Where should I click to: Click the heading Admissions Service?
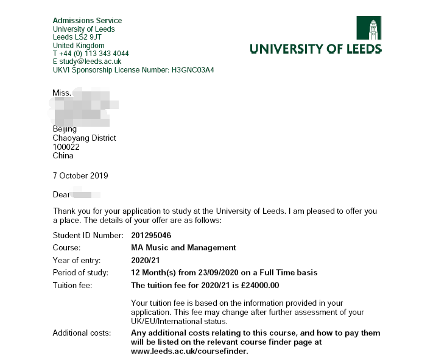point(87,21)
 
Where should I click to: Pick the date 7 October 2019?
point(80,176)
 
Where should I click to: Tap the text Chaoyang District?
point(84,138)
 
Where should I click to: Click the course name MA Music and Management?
point(183,247)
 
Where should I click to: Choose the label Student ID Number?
point(88,235)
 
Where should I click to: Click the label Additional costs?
point(82,333)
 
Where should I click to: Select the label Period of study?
point(80,272)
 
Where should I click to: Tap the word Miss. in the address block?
point(62,93)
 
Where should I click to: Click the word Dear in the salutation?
point(62,195)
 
